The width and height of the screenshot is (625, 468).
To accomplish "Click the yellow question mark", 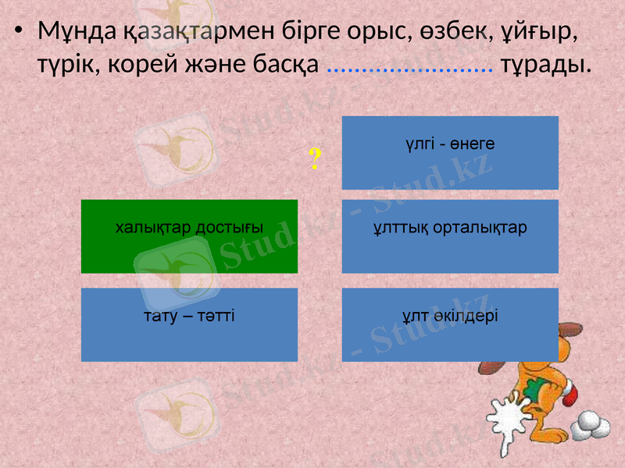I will (x=314, y=160).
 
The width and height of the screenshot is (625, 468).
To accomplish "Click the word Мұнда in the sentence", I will (x=77, y=31).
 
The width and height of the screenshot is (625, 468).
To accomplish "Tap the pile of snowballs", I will (x=591, y=424).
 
